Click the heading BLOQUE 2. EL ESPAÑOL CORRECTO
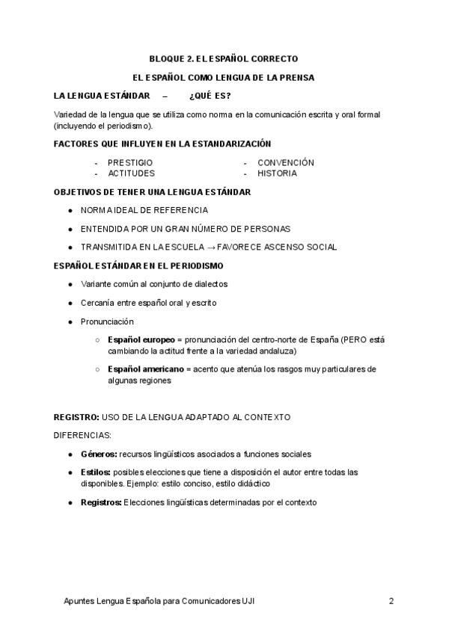(224, 58)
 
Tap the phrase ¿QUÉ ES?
(210, 96)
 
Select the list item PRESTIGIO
(130, 162)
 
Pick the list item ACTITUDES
(131, 173)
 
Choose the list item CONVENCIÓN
(285, 162)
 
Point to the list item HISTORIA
(277, 173)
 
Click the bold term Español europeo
(141, 339)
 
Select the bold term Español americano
(145, 369)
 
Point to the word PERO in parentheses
(356, 339)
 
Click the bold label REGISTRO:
(76, 417)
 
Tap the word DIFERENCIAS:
(82, 435)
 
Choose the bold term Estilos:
(96, 473)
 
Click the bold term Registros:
(101, 502)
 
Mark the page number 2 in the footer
(391, 601)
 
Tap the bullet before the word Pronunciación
(70, 321)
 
